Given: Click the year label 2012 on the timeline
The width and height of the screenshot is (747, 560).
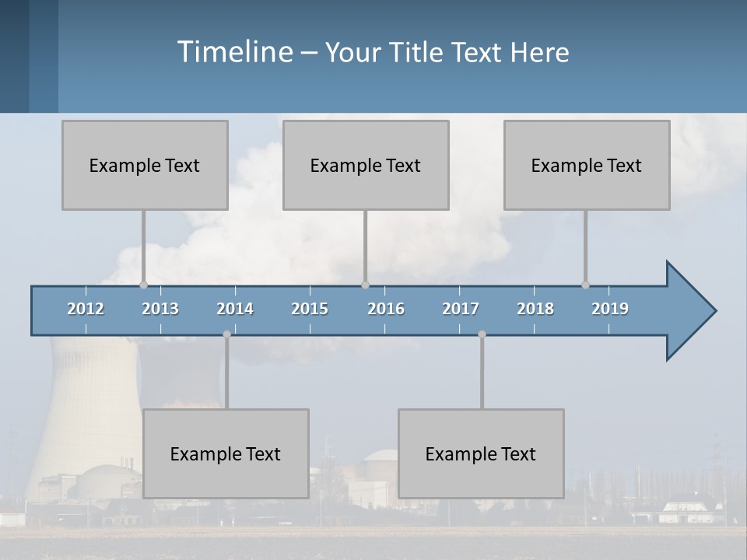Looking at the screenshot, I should pos(86,309).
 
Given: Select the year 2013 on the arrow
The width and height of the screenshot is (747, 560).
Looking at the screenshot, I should pos(160,309).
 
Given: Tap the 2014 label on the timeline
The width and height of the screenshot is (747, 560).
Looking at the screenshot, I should pos(235,309).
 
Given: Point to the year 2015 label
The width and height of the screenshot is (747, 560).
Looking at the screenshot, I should pos(310,309).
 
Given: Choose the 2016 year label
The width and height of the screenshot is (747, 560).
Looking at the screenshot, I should pos(386,309).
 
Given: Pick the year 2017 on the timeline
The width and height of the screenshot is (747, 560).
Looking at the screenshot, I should pos(461,309).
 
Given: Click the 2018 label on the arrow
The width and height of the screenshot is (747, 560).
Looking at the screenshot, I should pos(535,309).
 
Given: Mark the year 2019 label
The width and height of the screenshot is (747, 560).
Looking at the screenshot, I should pos(610,309).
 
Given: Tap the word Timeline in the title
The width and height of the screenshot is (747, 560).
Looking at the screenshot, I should pos(233,52).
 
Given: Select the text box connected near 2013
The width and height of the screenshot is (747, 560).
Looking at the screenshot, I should pos(145,165).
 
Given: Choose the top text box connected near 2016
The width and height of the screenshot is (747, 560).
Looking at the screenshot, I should pos(366,165).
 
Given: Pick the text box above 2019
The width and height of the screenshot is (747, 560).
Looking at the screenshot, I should pos(587,165).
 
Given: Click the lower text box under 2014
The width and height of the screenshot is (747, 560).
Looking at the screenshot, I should pos(226,453).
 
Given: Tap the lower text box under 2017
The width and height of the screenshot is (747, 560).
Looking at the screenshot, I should pos(481,453).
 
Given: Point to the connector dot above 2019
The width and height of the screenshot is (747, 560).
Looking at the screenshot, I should pos(585,285).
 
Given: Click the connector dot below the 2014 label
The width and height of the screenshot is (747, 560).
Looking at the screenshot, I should pos(226,334).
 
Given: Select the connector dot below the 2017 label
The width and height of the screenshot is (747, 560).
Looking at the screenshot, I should pos(482,334).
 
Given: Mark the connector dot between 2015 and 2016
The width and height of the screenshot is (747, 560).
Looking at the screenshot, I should pos(365,285).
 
